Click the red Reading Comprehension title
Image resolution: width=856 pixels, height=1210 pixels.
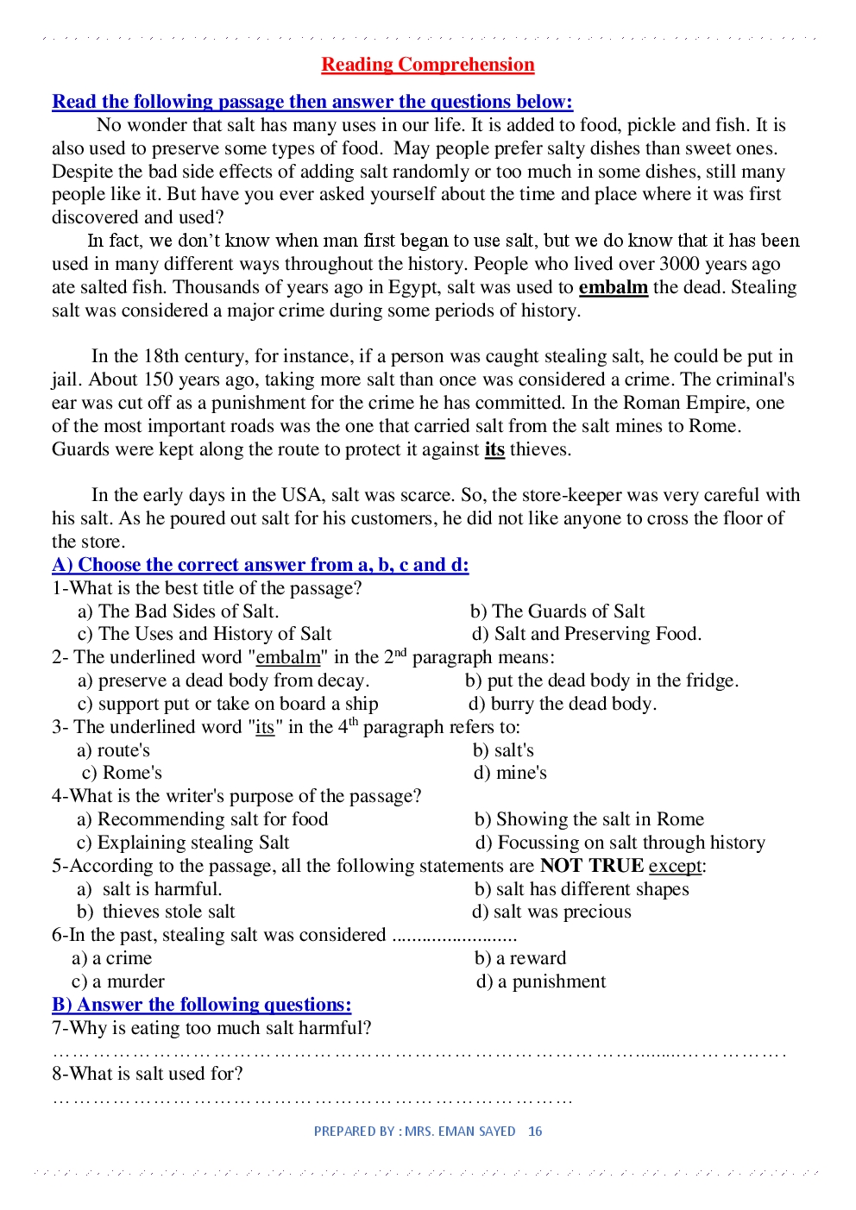427,65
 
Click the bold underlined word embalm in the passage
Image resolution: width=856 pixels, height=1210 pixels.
613,287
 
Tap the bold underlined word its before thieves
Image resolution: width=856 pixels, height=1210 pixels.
494,449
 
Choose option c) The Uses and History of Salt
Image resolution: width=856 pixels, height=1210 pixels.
205,634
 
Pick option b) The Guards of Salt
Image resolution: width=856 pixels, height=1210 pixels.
557,611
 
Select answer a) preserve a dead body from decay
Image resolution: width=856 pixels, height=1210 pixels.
223,680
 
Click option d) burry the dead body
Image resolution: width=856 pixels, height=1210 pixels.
563,704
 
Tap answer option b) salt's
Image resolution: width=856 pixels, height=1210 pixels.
503,750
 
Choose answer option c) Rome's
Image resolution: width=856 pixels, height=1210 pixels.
122,773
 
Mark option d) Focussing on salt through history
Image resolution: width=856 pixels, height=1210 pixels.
620,843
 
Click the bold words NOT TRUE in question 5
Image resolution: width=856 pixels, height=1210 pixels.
592,866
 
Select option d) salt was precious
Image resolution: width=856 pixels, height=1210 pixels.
551,912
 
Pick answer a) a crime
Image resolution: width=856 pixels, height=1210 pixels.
112,958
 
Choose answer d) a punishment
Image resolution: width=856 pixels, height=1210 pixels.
541,981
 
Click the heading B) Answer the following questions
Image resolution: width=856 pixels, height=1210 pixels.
202,1005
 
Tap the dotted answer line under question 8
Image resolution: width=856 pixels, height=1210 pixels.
312,1100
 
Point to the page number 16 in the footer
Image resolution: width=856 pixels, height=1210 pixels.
535,1132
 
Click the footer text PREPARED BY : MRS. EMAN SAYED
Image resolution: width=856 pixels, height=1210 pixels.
414,1132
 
